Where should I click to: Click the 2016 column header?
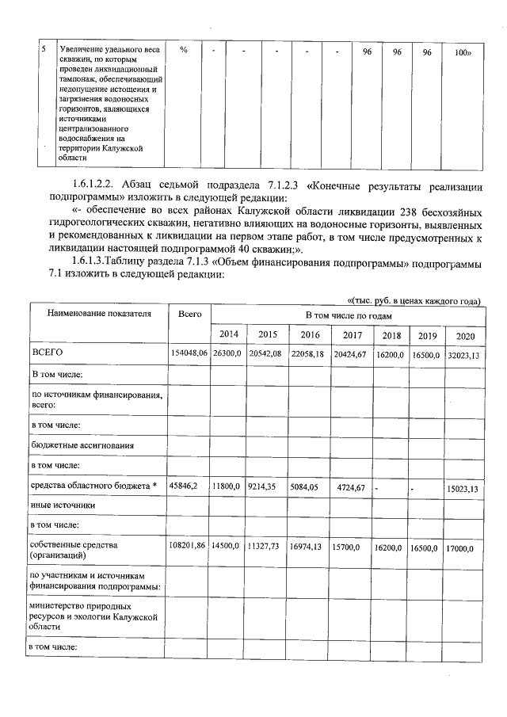pyautogui.click(x=309, y=334)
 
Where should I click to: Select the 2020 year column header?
pyautogui.click(x=465, y=335)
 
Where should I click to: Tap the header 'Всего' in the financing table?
pyautogui.click(x=189, y=315)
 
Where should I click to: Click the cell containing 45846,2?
pyautogui.click(x=188, y=487)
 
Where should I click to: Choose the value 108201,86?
pyautogui.click(x=189, y=547)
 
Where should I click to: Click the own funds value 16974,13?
pyautogui.click(x=309, y=547)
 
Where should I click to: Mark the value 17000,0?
pyautogui.click(x=465, y=547)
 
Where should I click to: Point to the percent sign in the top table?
pyautogui.click(x=184, y=51)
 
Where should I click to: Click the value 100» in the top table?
pyautogui.click(x=463, y=51)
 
